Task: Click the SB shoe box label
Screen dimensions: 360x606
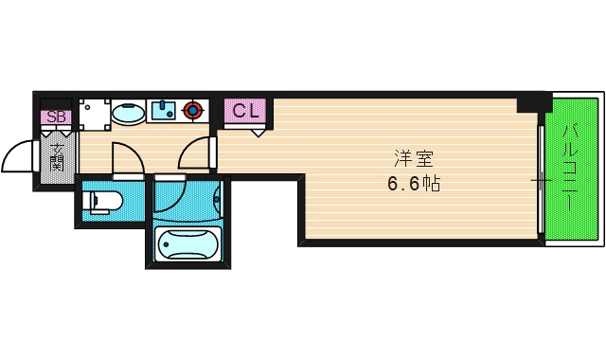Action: click(56, 117)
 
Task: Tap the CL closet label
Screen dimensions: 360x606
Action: click(245, 110)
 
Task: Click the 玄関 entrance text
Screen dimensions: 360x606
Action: click(57, 157)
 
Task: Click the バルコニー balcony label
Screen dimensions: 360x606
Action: click(572, 169)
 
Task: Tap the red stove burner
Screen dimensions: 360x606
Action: click(194, 111)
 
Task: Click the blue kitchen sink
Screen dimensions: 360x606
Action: click(163, 111)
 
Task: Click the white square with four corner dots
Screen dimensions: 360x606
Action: click(93, 114)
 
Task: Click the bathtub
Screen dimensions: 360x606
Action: click(187, 246)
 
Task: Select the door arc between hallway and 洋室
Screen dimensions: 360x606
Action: click(193, 151)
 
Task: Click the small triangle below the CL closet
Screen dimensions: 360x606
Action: click(258, 133)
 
